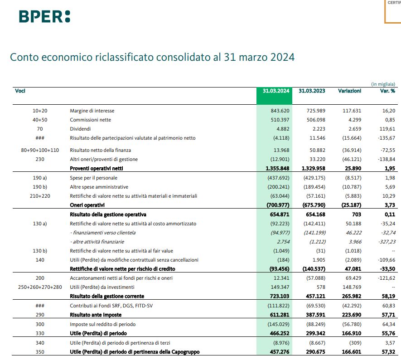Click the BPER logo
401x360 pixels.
(44, 16)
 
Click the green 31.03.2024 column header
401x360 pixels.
(276, 91)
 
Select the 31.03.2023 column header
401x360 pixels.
(312, 91)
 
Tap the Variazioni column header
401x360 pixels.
(349, 91)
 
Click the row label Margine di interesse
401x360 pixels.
(92, 111)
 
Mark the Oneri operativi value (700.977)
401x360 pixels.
(278, 205)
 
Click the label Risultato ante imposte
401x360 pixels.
(95, 315)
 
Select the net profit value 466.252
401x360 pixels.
(279, 333)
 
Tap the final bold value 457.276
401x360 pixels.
(279, 351)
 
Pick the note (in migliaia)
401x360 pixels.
(383, 84)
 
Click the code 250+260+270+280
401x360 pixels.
(40, 287)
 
